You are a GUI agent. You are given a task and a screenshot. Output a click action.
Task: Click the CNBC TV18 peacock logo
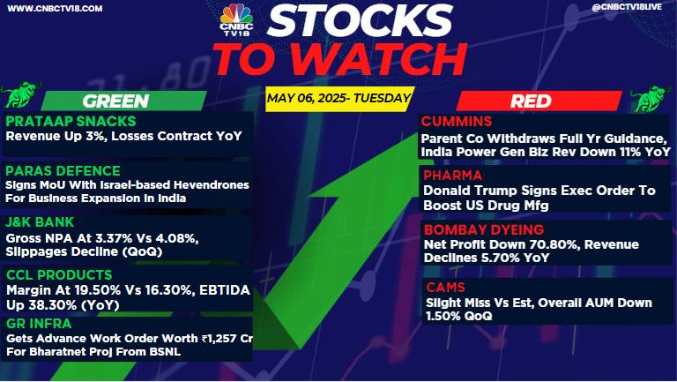pos(236,19)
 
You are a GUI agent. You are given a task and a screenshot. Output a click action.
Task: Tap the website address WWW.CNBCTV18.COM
pos(55,8)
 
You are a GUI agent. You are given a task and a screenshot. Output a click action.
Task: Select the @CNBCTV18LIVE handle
pos(627,7)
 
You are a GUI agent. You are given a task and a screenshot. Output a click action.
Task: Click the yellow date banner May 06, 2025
pos(339,99)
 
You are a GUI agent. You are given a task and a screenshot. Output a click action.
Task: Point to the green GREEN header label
pos(115,101)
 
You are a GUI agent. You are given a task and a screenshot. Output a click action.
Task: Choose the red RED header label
pos(531,101)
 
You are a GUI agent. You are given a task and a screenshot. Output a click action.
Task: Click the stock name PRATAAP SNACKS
pos(71,122)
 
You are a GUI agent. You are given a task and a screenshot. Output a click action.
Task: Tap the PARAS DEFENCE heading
pos(63,171)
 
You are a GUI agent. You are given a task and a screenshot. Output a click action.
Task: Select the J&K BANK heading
pos(40,222)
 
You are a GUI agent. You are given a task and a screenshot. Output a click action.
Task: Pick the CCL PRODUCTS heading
pos(59,275)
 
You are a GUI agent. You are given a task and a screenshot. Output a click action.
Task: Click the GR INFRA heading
pos(39,324)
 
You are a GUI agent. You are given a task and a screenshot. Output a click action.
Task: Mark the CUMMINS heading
pos(457,122)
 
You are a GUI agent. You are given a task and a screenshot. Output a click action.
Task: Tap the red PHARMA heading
pos(452,175)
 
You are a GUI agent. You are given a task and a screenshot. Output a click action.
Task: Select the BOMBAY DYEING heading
pos(484,229)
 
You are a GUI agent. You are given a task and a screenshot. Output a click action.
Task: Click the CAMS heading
pos(445,288)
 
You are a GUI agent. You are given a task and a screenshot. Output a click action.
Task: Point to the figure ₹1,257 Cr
pos(227,339)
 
